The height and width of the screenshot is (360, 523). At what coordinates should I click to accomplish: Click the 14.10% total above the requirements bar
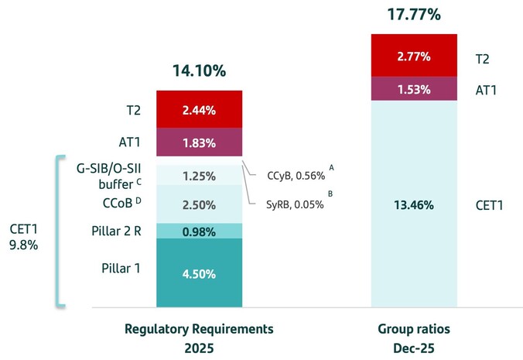click(x=200, y=71)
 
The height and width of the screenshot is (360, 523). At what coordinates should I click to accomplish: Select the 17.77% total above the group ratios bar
click(x=414, y=15)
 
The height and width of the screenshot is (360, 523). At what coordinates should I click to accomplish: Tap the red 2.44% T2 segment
click(x=200, y=110)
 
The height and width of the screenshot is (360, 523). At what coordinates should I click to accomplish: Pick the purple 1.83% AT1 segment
click(x=200, y=142)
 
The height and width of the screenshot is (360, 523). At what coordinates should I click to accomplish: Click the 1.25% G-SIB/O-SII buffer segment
click(x=200, y=176)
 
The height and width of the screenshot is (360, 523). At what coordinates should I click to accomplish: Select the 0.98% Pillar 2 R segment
click(x=200, y=231)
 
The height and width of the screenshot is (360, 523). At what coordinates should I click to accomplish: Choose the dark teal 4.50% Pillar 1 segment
click(x=200, y=273)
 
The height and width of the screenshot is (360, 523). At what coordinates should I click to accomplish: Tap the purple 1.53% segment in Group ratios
click(x=415, y=89)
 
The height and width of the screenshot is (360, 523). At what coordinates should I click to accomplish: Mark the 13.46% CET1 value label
click(x=415, y=205)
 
